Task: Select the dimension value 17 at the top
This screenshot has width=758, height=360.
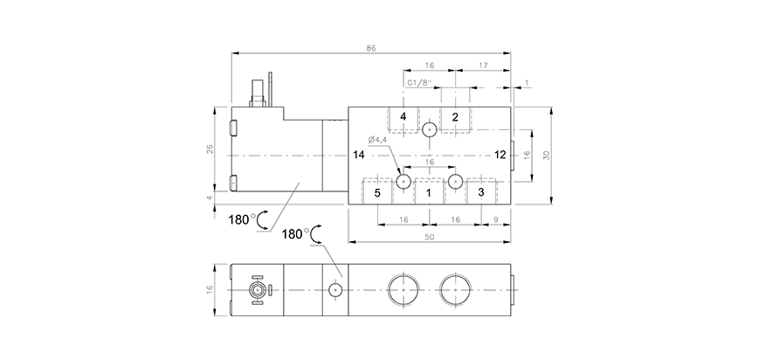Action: (483, 66)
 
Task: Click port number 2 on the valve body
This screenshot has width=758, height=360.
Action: (454, 117)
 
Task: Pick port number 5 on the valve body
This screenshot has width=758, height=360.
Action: (377, 192)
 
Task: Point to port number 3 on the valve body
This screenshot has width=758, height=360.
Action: (480, 192)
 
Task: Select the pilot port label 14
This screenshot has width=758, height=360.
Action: (358, 155)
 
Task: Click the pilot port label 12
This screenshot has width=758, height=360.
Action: (500, 155)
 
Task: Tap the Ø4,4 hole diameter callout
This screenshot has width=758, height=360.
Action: (377, 140)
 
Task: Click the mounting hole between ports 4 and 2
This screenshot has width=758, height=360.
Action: (429, 130)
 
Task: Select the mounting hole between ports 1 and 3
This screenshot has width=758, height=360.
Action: (455, 182)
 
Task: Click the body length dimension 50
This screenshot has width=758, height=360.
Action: (429, 238)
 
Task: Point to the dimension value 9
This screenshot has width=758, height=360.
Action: (496, 220)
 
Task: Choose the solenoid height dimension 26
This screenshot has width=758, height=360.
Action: (210, 149)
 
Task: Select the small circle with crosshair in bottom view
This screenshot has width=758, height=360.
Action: (334, 289)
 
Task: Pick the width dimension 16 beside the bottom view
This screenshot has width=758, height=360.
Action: (210, 289)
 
